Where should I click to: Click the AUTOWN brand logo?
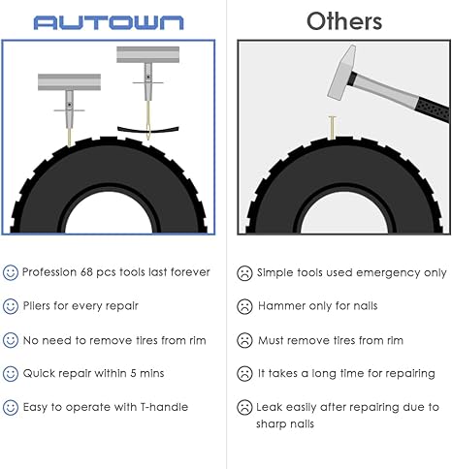click(x=109, y=23)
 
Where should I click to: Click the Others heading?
click(x=344, y=21)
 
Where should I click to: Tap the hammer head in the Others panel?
click(x=342, y=73)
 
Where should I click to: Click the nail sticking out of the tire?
click(x=332, y=128)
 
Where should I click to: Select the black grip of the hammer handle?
click(x=433, y=110)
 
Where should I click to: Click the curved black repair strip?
click(x=148, y=130)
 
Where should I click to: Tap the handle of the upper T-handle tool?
click(x=148, y=54)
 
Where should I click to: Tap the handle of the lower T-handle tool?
click(x=69, y=82)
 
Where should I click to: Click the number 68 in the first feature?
click(x=86, y=272)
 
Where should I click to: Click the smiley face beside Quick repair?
click(x=11, y=374)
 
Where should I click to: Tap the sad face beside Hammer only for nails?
click(x=244, y=306)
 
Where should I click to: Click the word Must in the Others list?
click(x=271, y=340)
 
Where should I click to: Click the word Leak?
click(x=269, y=407)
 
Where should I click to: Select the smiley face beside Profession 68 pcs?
click(x=11, y=272)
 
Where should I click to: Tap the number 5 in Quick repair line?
click(x=133, y=373)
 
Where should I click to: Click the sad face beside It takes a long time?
click(x=244, y=374)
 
